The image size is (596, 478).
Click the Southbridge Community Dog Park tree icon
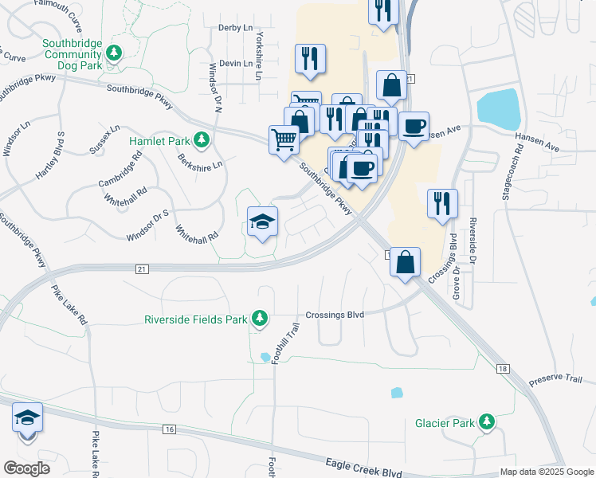point(115,53)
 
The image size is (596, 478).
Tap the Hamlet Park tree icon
point(202,141)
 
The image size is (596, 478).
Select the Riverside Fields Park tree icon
point(259,319)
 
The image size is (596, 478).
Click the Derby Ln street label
point(234,27)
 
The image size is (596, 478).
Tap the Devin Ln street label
point(235,63)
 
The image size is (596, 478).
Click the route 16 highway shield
point(168,429)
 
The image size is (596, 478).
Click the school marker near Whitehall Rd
point(262,221)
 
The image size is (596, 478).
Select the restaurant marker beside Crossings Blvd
point(441,203)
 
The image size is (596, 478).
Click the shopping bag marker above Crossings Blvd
point(406,261)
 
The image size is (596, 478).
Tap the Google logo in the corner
point(26,468)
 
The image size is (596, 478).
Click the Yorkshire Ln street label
point(258,56)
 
